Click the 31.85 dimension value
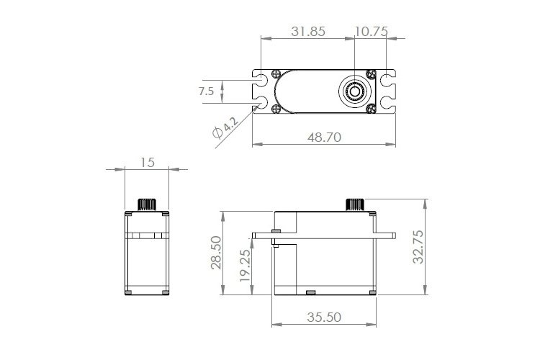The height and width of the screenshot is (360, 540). [307, 32]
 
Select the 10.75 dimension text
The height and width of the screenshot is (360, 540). [372, 32]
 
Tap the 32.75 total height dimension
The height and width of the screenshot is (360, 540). [418, 248]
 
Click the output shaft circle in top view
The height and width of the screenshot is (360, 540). [354, 91]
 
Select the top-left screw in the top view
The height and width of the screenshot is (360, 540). [276, 73]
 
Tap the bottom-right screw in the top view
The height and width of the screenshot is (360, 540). [371, 109]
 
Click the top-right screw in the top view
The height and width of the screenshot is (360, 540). [371, 73]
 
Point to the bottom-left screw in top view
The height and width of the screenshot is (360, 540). [276, 109]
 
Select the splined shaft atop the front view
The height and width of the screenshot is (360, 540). [147, 203]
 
